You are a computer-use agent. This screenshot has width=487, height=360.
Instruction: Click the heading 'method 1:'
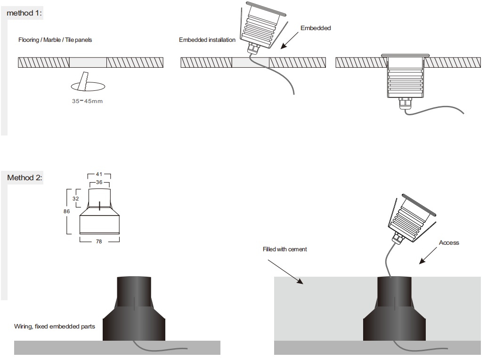tap(24, 13)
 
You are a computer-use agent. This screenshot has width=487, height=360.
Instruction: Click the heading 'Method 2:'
tap(24, 178)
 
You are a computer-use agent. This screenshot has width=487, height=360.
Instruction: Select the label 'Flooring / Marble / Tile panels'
tap(55, 40)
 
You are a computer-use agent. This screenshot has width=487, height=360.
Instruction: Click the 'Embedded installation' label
tap(207, 40)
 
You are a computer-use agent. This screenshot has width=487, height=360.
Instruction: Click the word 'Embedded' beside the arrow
tap(316, 28)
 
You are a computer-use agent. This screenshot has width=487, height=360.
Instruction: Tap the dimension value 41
tap(99, 175)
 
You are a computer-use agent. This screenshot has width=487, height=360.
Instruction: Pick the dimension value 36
tap(99, 182)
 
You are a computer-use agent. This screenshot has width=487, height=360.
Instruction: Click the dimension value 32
tap(76, 199)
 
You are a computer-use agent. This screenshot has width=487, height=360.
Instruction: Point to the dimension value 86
tap(67, 212)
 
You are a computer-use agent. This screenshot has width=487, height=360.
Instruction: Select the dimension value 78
tap(99, 241)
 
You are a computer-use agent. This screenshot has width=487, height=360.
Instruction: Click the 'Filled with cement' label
tap(284, 249)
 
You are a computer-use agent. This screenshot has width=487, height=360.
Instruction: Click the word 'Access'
tap(449, 243)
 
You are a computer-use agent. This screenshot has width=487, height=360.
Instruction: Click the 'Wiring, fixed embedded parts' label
tap(55, 327)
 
